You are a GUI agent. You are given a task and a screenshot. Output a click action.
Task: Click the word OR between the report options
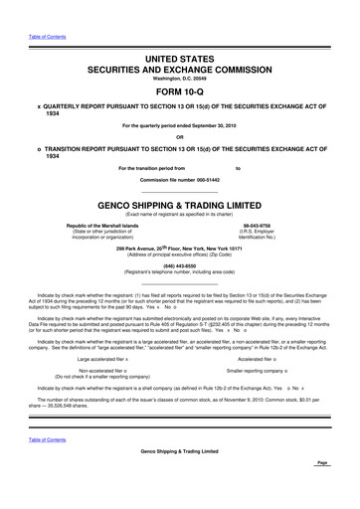(x=180, y=137)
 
